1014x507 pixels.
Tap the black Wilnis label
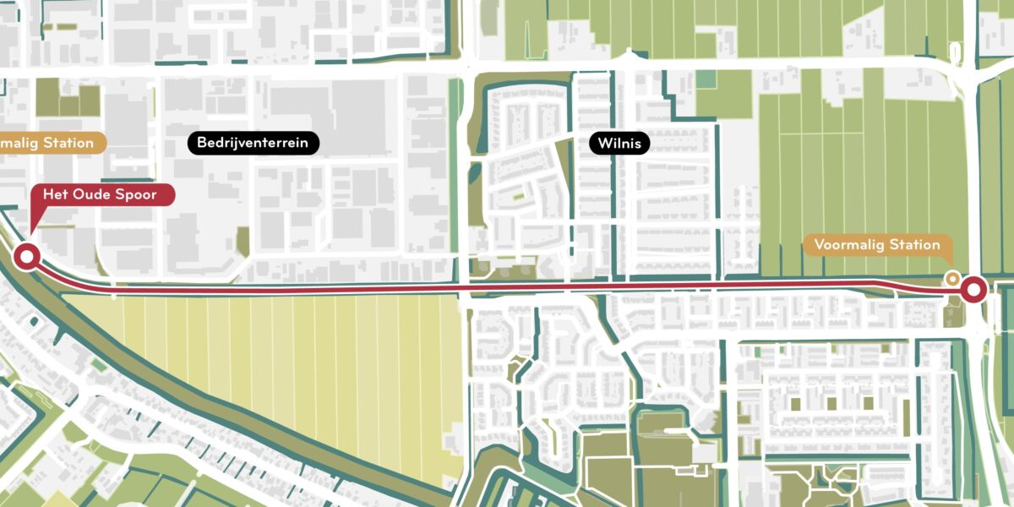(619, 144)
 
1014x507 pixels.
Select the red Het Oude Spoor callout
(103, 194)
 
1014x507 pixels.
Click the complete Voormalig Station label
(876, 245)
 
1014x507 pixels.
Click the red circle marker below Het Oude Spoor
(27, 257)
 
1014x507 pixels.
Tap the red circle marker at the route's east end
(973, 291)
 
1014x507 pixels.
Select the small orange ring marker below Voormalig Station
(952, 277)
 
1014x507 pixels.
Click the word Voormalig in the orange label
(847, 245)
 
